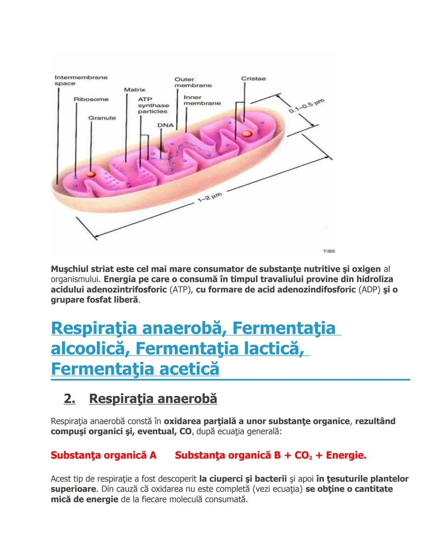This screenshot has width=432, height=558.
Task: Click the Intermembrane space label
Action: [81, 80]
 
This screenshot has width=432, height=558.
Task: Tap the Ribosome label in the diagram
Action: [91, 99]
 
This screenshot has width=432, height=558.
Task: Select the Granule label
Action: [102, 118]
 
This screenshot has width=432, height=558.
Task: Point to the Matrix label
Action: [134, 90]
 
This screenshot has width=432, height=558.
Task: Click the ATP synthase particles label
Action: [153, 105]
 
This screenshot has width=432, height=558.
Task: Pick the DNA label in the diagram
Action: [165, 125]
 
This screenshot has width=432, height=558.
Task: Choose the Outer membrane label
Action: [193, 82]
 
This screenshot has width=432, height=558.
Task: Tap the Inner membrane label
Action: [202, 100]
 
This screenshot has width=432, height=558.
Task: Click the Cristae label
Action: [253, 79]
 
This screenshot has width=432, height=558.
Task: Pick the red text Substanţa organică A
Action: [103, 455]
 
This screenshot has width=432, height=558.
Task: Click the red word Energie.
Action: [346, 455]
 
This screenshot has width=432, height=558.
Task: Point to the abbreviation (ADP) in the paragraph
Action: [369, 289]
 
